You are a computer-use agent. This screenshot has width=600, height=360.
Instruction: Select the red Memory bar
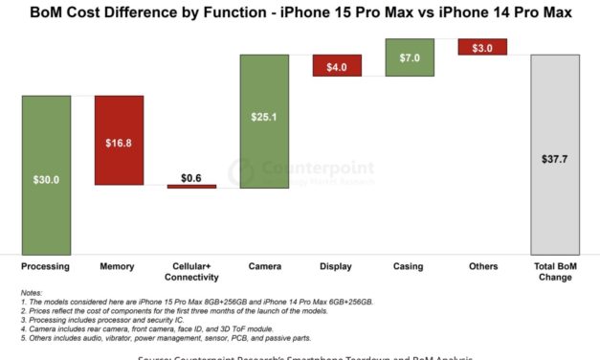pyautogui.click(x=119, y=140)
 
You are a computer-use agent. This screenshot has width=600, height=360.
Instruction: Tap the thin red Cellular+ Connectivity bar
pyautogui.click(x=191, y=187)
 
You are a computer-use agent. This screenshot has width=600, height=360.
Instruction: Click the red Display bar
pyautogui.click(x=337, y=66)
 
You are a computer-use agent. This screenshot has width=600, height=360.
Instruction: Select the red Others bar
pyautogui.click(x=482, y=47)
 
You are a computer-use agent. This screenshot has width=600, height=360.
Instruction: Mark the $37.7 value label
pyautogui.click(x=555, y=161)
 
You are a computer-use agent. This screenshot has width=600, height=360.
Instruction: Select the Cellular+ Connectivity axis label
pyautogui.click(x=191, y=272)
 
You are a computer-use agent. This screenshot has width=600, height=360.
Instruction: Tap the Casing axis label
pyautogui.click(x=410, y=266)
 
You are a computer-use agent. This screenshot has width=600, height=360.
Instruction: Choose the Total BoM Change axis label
pyautogui.click(x=555, y=272)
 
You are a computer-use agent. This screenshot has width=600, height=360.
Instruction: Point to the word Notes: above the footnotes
pyautogui.click(x=32, y=294)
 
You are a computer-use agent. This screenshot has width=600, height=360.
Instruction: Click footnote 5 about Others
pyautogui.click(x=164, y=338)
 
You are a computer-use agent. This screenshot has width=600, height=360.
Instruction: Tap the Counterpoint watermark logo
pyautogui.click(x=301, y=171)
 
